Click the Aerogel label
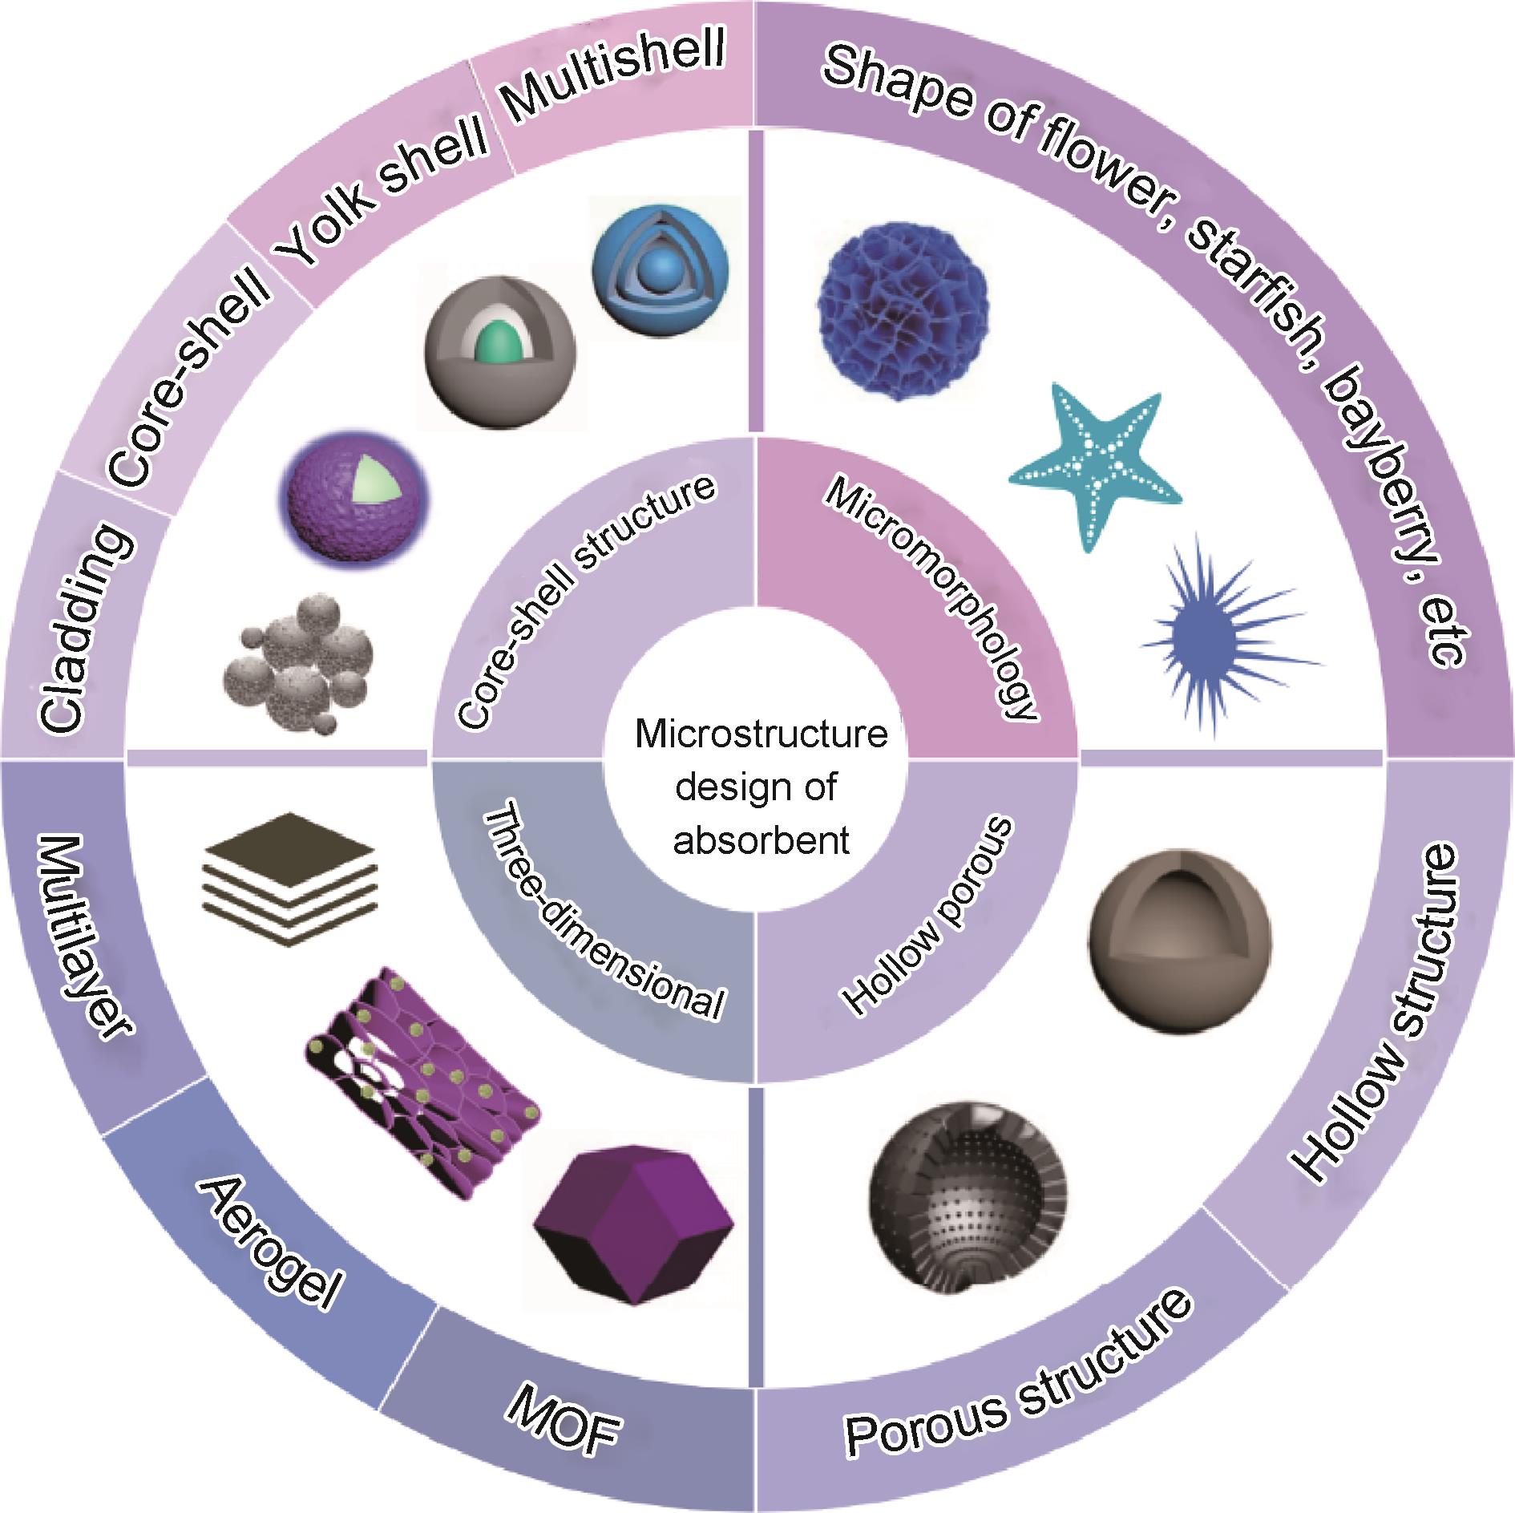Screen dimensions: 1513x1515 [x=270, y=1239]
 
